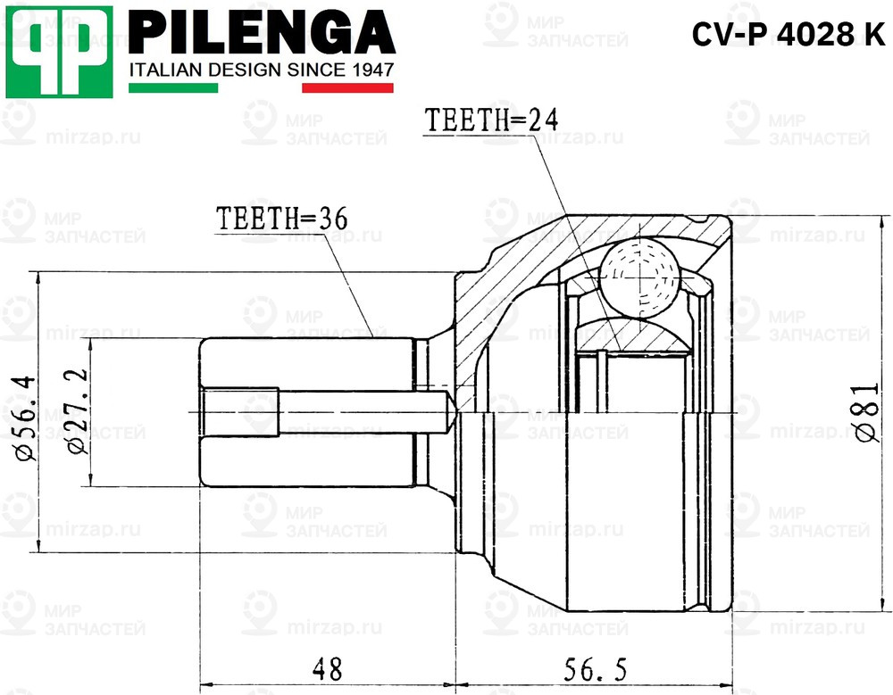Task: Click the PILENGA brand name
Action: coord(262,33)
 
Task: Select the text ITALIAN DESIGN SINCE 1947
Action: coord(262,70)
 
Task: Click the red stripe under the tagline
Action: coord(348,87)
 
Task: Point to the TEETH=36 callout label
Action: coord(280,218)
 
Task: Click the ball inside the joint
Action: coord(638,277)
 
